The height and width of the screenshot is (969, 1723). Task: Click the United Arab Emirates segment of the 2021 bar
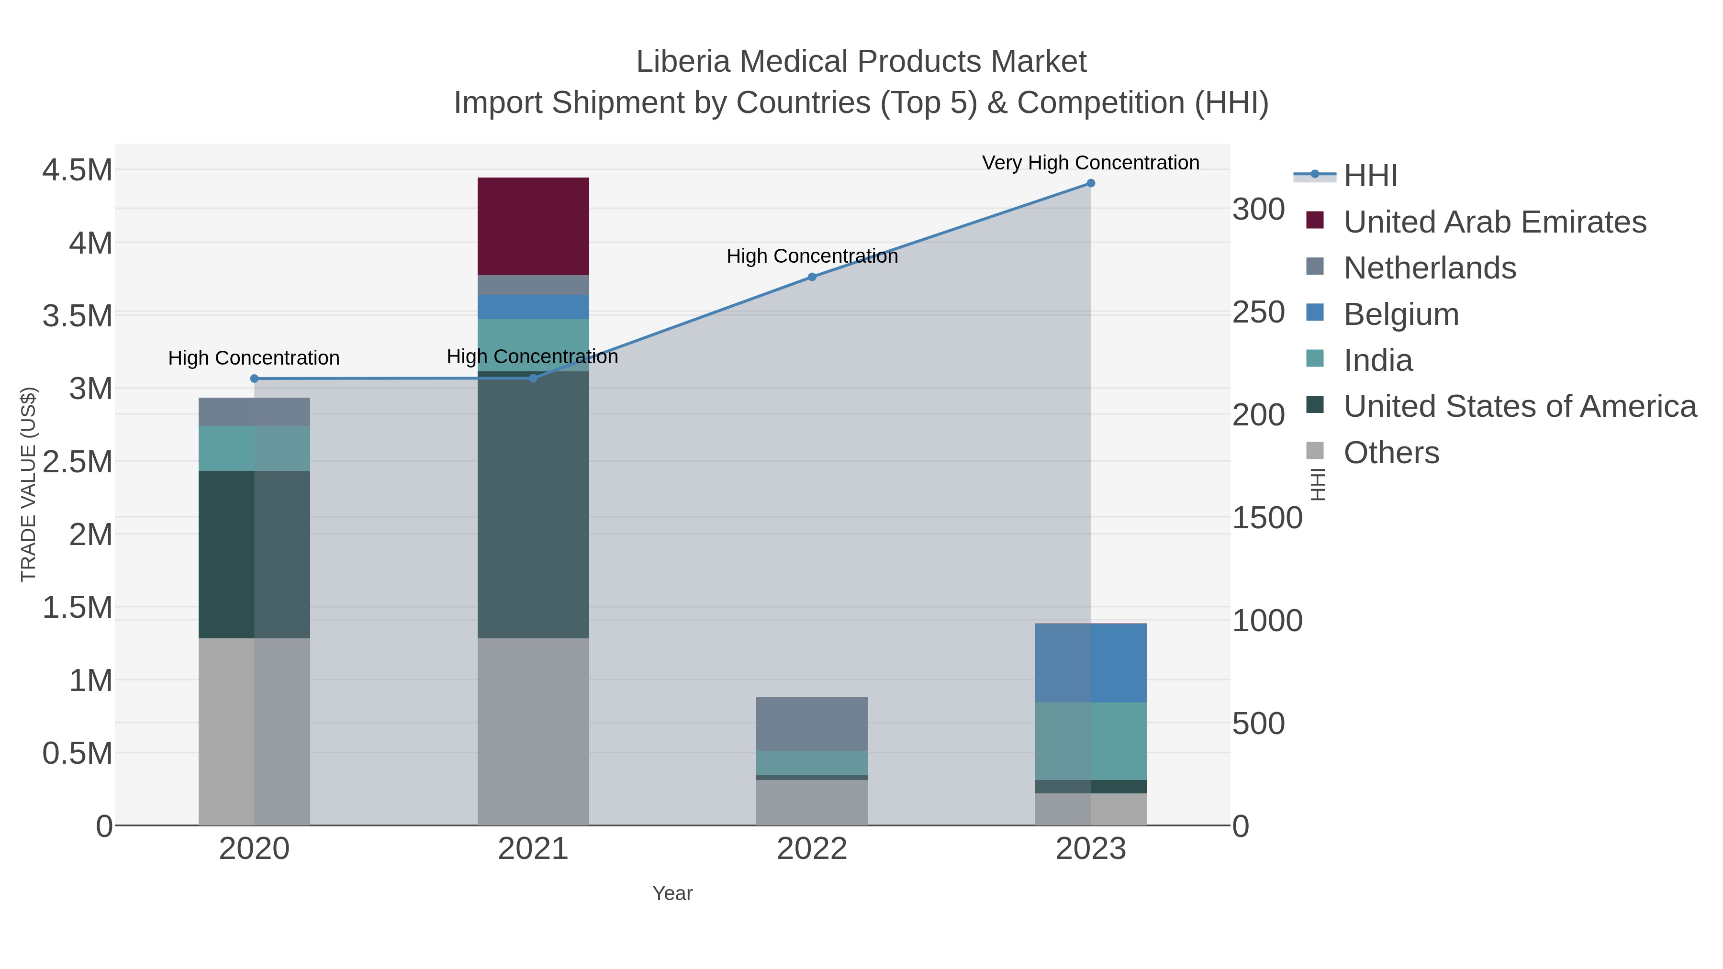[533, 226]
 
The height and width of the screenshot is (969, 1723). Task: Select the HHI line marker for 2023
[1091, 183]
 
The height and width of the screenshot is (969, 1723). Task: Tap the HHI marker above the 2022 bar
[812, 277]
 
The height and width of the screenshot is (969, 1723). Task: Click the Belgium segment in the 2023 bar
[1091, 663]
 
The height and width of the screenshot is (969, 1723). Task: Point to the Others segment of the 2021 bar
[533, 732]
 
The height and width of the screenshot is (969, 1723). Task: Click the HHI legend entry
[1371, 176]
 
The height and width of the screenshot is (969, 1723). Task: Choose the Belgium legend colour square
[1315, 312]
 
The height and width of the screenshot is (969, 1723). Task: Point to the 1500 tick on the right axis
[1267, 518]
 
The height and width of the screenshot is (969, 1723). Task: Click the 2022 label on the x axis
[812, 849]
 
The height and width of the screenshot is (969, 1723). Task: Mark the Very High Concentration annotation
[1090, 163]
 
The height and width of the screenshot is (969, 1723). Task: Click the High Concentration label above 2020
[254, 358]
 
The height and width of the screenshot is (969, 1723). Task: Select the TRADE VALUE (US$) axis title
[28, 484]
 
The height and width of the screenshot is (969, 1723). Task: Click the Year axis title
[672, 893]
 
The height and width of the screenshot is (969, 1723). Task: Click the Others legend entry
[1391, 453]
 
